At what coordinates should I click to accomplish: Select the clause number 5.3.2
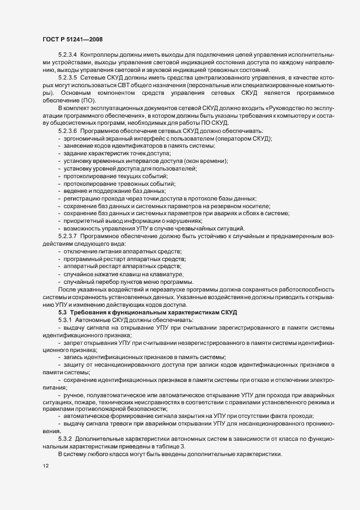click(65, 438)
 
